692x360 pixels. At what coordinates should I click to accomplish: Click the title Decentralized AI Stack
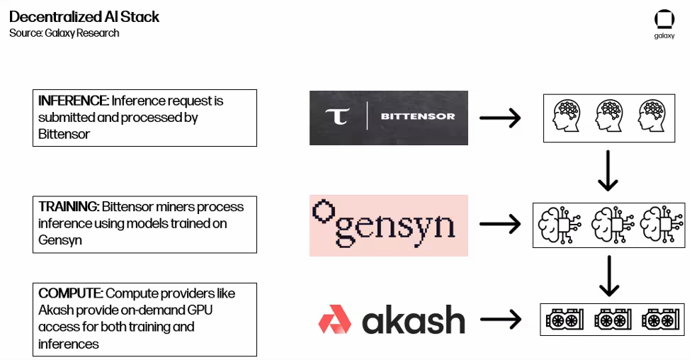click(x=84, y=17)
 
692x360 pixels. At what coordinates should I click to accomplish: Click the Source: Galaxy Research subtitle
click(x=64, y=33)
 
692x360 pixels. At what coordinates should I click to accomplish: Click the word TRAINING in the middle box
click(x=68, y=207)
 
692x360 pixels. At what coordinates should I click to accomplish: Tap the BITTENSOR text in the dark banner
click(x=418, y=117)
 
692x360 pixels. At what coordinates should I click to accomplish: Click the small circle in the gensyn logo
click(x=324, y=210)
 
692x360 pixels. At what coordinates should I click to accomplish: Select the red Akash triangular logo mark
click(x=335, y=320)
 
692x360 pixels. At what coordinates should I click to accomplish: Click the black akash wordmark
click(x=414, y=321)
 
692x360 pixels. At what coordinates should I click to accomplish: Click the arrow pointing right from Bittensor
click(x=500, y=118)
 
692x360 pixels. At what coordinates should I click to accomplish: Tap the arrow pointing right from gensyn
click(x=500, y=225)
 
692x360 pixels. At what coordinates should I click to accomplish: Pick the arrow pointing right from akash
click(x=500, y=320)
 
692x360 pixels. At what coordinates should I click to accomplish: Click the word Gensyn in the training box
click(x=60, y=240)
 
